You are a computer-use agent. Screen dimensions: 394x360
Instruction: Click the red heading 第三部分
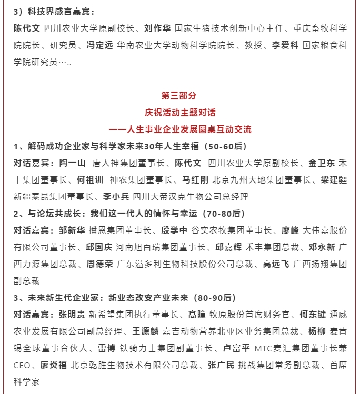click(x=179, y=96)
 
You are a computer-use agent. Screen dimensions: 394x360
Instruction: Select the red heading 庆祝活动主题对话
click(x=179, y=113)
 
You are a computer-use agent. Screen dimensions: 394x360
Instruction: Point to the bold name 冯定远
click(x=100, y=45)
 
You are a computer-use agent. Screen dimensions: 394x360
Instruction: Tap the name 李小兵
click(x=116, y=197)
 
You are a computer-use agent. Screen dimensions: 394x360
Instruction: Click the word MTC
click(x=263, y=348)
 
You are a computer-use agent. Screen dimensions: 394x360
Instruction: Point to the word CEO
click(x=23, y=365)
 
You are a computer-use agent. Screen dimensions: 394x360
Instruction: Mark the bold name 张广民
click(x=221, y=365)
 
